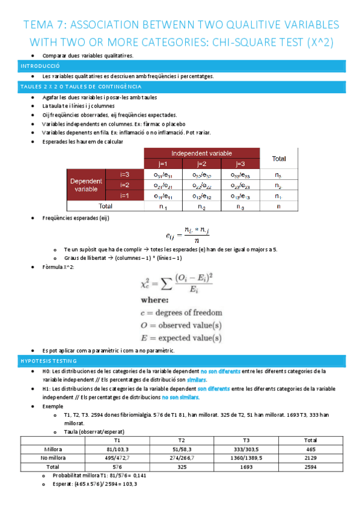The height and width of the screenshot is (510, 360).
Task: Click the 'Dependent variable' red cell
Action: coord(86,185)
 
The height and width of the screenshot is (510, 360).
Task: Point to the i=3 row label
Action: coord(124,174)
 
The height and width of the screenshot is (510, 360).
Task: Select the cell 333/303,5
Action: coord(247,449)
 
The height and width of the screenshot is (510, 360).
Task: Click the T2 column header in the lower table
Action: coord(181,440)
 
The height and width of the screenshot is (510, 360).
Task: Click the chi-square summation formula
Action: coord(180,281)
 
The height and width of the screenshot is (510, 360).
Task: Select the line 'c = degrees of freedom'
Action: coord(181,312)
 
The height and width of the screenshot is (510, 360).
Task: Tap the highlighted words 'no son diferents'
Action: coord(221,371)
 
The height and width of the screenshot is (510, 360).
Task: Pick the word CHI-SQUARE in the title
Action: coord(262,43)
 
